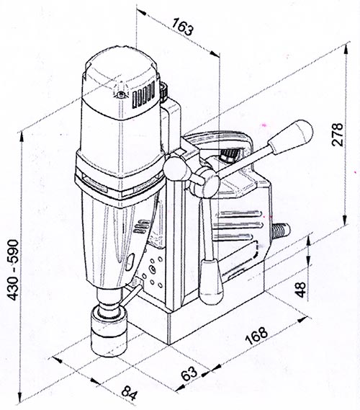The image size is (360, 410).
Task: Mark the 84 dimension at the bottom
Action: click(130, 393)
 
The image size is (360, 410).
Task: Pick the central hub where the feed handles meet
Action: click(207, 179)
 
